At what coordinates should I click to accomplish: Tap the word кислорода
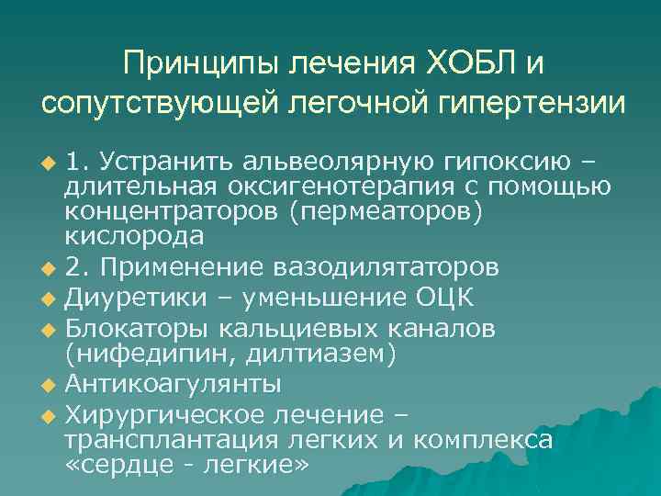134,235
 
